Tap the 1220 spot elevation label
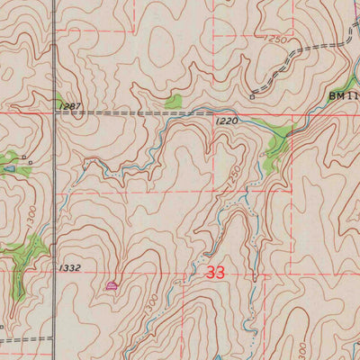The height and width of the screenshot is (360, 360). pos(227,120)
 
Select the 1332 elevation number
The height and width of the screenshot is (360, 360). pos(69,267)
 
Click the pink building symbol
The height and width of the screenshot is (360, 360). pos(112,285)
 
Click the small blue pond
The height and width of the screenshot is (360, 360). pos(8,167)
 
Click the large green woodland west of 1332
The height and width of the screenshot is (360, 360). pos(25,255)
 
